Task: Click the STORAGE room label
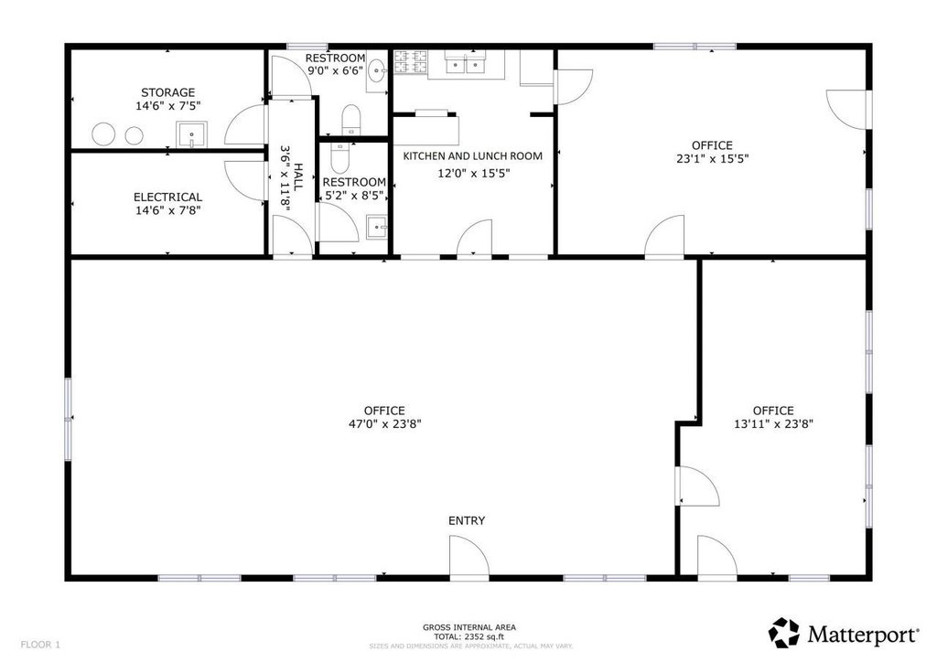click(168, 92)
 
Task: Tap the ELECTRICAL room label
click(168, 197)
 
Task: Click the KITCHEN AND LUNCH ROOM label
click(473, 155)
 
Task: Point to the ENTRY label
click(467, 520)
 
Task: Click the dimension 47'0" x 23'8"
click(385, 424)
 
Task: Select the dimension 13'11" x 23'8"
click(773, 424)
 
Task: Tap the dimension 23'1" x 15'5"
click(712, 159)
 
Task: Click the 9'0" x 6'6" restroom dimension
click(335, 70)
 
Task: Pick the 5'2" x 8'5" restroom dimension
click(354, 195)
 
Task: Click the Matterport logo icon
click(783, 633)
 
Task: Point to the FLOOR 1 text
click(40, 645)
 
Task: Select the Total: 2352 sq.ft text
click(469, 636)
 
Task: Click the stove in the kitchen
click(411, 63)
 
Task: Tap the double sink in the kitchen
click(466, 63)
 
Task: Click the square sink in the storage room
click(191, 134)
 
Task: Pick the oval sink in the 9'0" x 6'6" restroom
click(376, 71)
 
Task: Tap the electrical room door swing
click(245, 181)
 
